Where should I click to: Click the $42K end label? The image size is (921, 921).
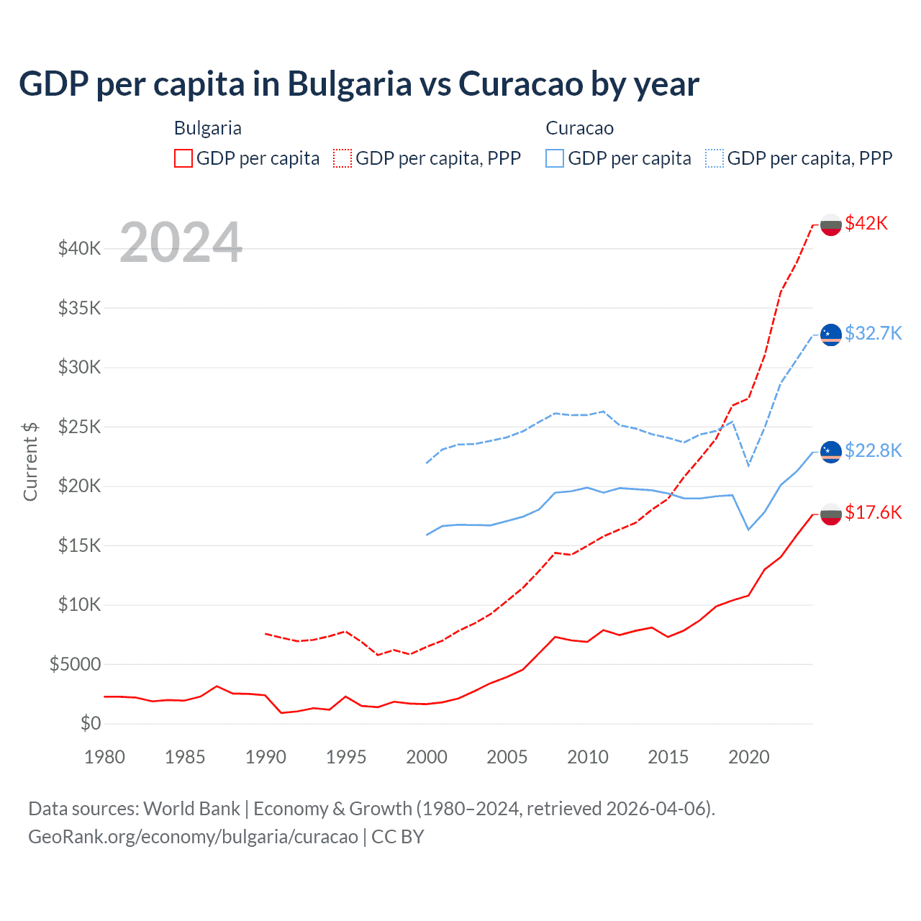866,224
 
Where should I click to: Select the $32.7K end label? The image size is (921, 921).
873,333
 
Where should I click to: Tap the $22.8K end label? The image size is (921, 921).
873,450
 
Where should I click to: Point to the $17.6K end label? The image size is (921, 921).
873,512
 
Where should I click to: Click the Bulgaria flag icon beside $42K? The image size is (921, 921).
831,224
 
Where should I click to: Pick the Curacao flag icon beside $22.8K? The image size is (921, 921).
831,452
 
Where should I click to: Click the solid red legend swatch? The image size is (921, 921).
183,158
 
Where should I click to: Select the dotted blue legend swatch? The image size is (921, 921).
714,158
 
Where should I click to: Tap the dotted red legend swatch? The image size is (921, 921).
342,158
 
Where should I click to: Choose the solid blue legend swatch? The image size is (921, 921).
555,158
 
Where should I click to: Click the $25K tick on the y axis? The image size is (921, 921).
80,427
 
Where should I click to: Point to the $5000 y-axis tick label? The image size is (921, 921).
76,664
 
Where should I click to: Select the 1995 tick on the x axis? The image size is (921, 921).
346,757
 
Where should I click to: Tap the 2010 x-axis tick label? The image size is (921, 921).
588,757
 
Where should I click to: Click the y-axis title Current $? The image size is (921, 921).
30,461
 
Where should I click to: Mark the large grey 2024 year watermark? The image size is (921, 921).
181,243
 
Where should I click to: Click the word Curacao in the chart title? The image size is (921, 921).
520,83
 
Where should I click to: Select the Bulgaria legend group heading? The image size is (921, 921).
208,128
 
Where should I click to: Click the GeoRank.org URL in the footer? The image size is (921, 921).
193,837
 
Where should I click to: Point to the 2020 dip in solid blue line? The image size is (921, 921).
748,530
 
